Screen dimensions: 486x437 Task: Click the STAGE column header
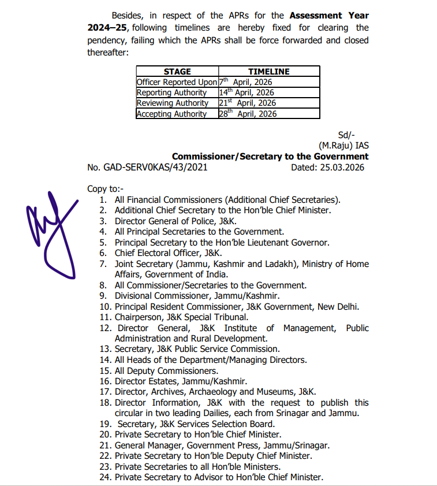click(177, 72)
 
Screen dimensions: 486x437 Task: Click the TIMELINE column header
click(268, 72)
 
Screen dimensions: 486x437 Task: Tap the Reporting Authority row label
click(171, 92)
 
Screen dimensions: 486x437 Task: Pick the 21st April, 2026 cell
click(247, 103)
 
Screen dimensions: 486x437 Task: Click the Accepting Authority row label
click(171, 114)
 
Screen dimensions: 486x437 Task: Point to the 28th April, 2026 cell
click(247, 114)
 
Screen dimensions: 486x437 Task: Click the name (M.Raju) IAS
click(343, 146)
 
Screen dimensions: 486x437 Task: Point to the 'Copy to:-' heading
click(104, 189)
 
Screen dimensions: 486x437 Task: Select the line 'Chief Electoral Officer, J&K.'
click(168, 253)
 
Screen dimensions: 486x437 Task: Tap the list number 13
click(104, 349)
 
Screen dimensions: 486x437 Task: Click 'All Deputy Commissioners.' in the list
click(166, 370)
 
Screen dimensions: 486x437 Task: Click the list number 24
click(104, 477)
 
